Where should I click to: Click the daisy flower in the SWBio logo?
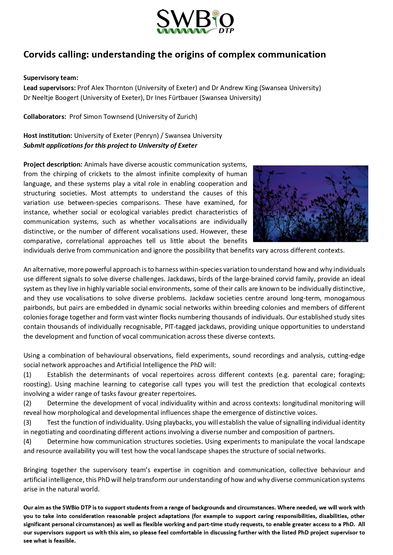click(216, 14)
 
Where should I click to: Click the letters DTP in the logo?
click(226, 31)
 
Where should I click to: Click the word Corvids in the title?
click(39, 55)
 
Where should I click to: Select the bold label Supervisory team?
click(51, 78)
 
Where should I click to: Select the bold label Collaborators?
click(45, 117)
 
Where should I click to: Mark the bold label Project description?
click(53, 164)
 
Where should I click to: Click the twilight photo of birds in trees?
click(310, 203)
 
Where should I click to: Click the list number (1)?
click(28, 375)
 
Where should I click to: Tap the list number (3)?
click(28, 422)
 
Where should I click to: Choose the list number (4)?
click(28, 441)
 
